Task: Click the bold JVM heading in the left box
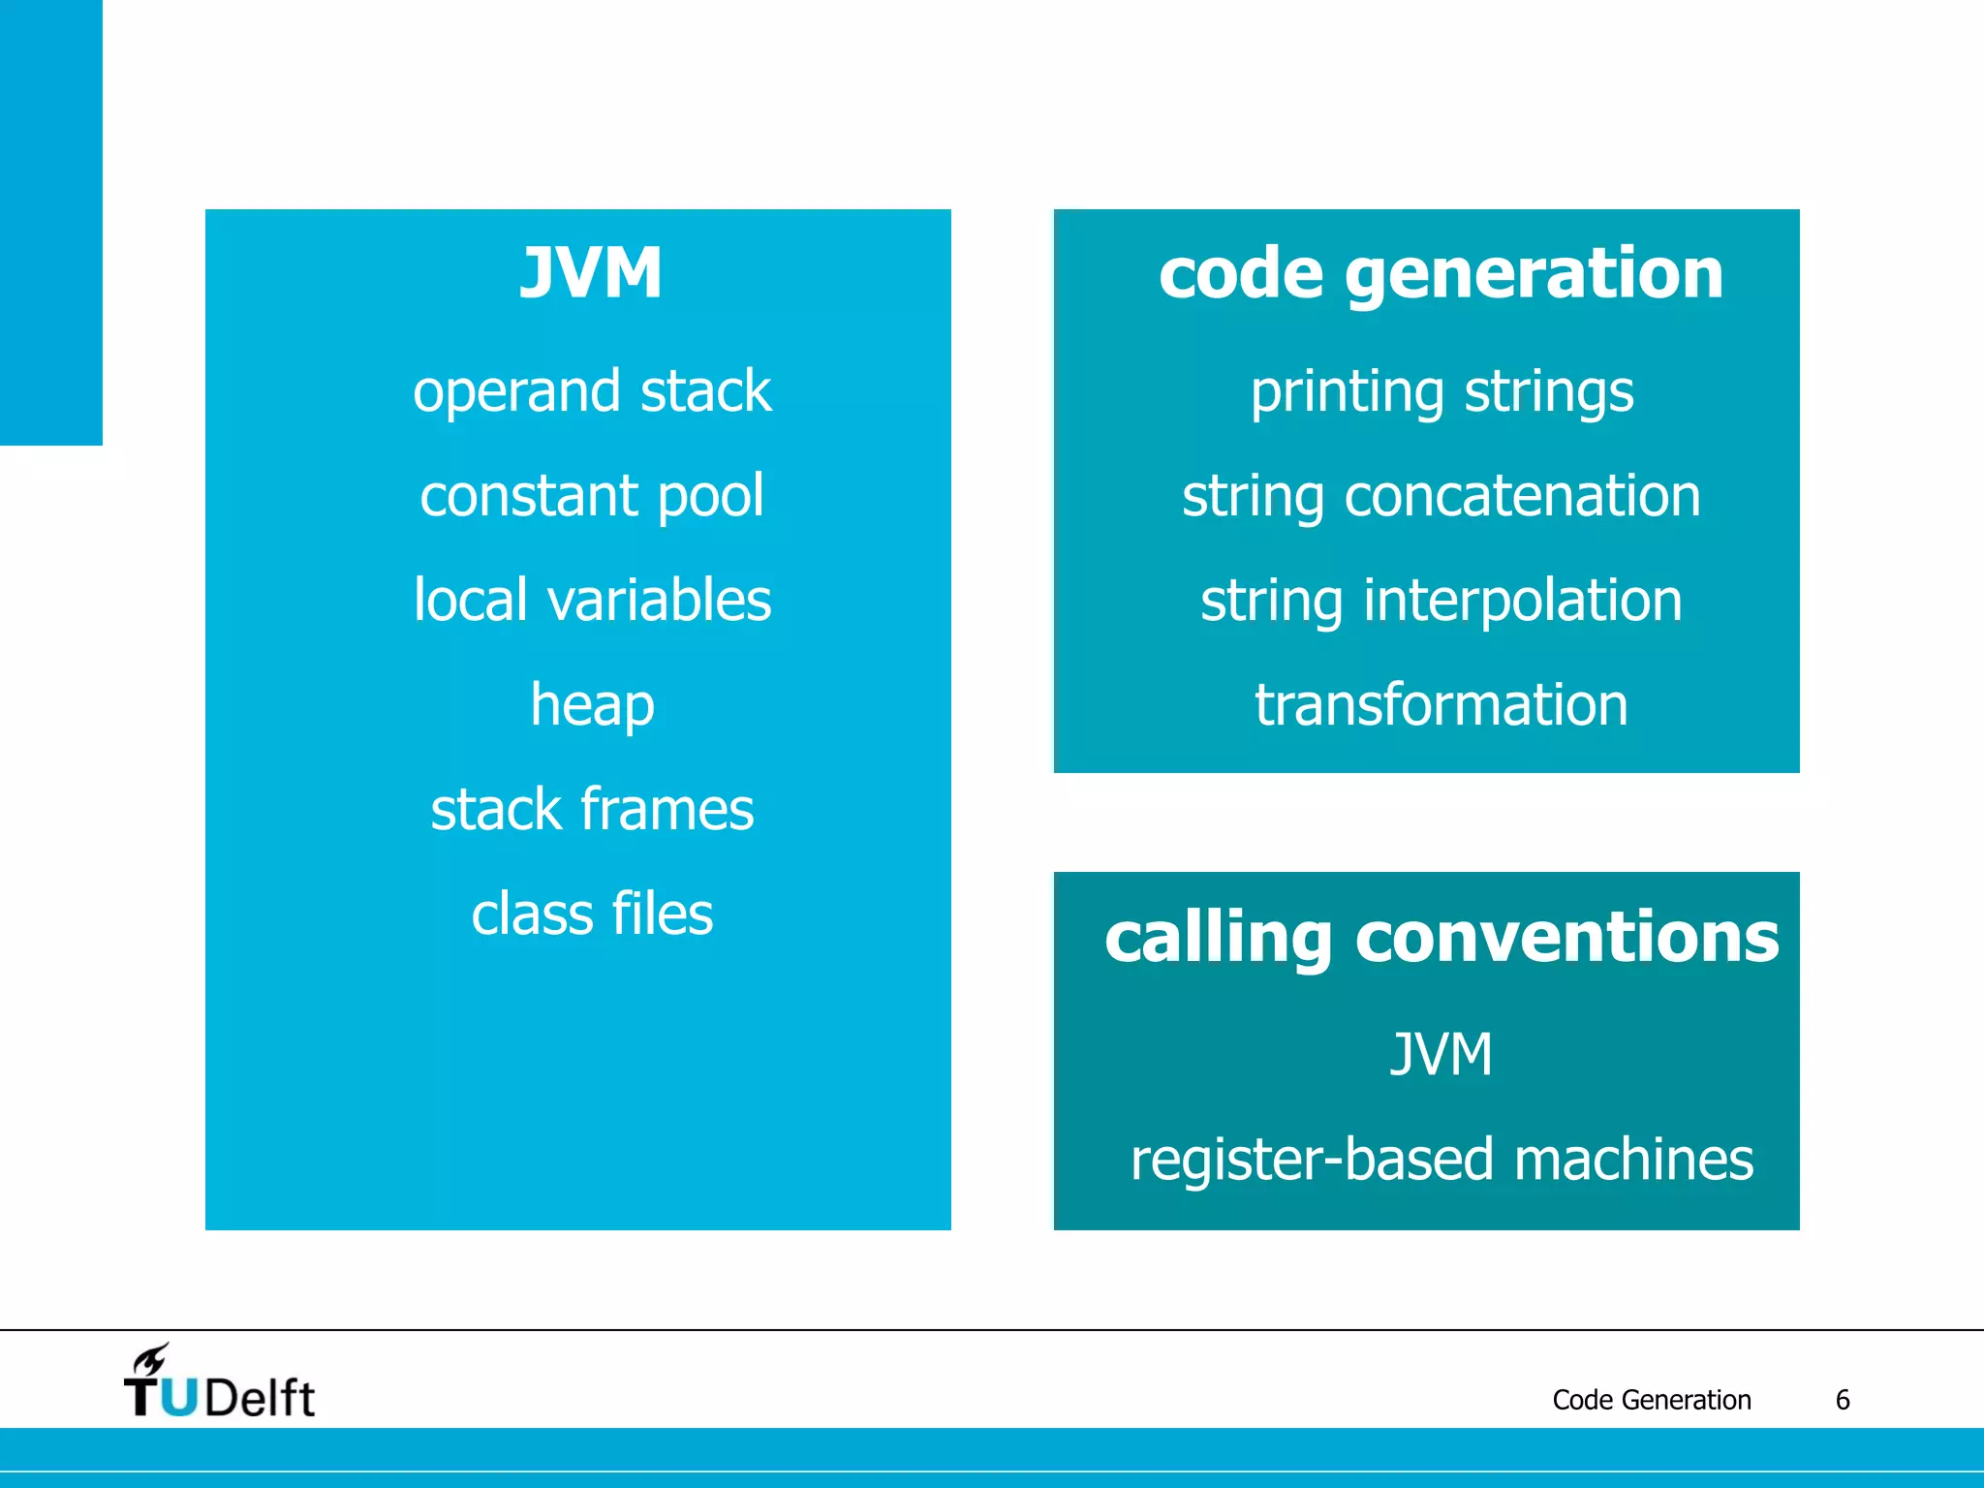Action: (591, 273)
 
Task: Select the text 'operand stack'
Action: (592, 391)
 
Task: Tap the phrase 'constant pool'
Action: (592, 496)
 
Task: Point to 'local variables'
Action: (592, 600)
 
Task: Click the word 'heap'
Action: (592, 704)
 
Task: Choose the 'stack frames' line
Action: (592, 809)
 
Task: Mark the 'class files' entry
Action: (592, 914)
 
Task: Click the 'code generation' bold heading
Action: (1441, 273)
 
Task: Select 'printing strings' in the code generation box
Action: (1441, 391)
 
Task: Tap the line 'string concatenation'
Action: (1441, 496)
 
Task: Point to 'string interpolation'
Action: (1441, 600)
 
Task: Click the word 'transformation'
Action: (1441, 704)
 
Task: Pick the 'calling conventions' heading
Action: (1441, 938)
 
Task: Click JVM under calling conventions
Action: (1441, 1054)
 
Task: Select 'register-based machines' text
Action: (1441, 1159)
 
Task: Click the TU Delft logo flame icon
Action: (152, 1359)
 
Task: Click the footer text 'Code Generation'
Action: (1651, 1400)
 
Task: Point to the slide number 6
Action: (1843, 1400)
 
